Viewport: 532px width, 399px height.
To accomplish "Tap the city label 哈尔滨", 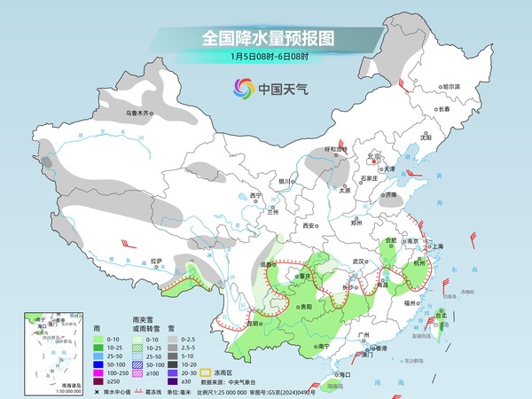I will click(452, 86).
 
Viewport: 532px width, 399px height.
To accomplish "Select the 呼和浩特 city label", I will click(336, 149).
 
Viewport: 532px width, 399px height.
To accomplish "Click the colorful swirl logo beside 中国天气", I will click(242, 89).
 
